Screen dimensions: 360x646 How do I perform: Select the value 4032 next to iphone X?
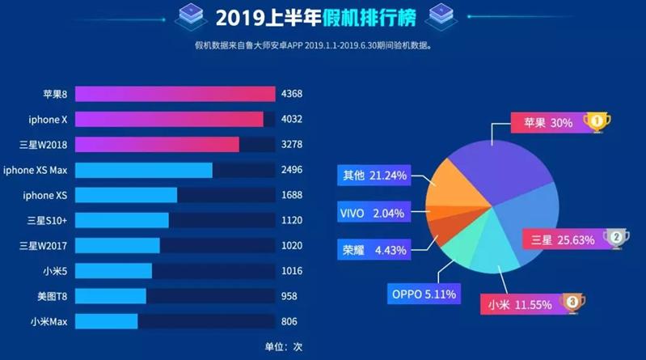pyautogui.click(x=291, y=120)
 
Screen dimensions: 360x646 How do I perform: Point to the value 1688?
pyautogui.click(x=291, y=195)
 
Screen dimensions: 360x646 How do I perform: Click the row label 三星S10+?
pyautogui.click(x=46, y=220)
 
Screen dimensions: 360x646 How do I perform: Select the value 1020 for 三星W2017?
pyautogui.click(x=291, y=245)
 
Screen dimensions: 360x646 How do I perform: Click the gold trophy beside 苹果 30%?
pyautogui.click(x=597, y=122)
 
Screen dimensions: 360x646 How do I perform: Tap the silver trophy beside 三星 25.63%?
pyautogui.click(x=616, y=238)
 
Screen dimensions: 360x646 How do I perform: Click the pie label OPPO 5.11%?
pyautogui.click(x=424, y=294)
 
